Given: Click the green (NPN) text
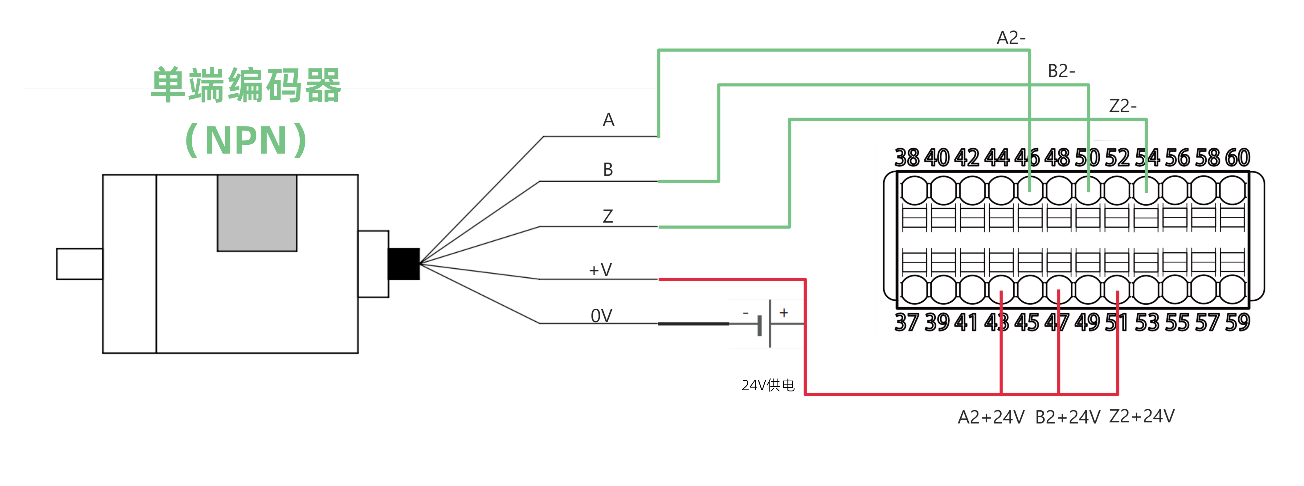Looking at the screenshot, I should pos(247,140).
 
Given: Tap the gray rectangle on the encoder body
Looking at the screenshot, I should pos(257,213).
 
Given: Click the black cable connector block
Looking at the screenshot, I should pos(403,263).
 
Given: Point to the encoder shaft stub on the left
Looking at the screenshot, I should pos(80,263).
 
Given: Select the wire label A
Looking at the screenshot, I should pos(608,120).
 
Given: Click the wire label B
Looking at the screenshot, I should pos(608,169).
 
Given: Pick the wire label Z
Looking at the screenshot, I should pos(608,216).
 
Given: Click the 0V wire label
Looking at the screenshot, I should pos(601,315).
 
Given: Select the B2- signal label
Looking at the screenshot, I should pos(1061,71).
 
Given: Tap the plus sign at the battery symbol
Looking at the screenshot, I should pos(784,312).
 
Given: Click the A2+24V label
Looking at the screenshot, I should pos(991,417).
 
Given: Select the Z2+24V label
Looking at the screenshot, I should pos(1142,416).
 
